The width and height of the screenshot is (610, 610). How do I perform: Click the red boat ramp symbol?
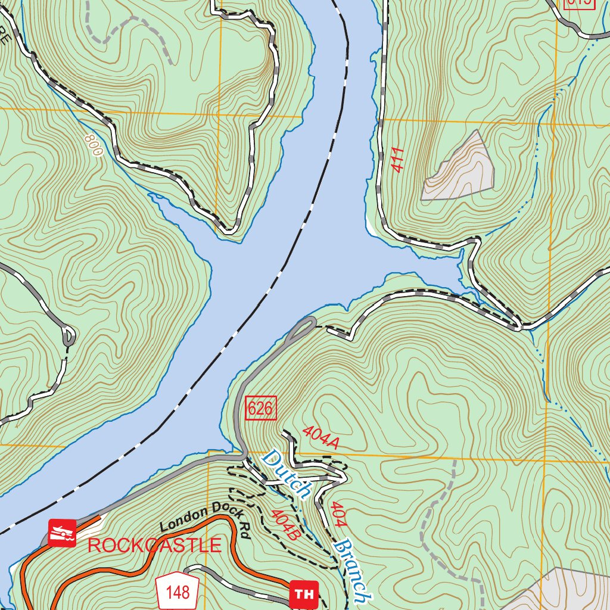click(x=62, y=533)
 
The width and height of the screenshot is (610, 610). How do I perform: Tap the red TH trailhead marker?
click(x=304, y=594)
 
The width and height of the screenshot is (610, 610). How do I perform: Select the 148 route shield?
click(x=178, y=592)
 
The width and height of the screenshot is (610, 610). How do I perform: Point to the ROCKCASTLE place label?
click(x=155, y=544)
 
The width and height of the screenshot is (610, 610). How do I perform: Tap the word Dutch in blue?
click(x=286, y=474)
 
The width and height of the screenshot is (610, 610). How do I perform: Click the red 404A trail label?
click(x=320, y=438)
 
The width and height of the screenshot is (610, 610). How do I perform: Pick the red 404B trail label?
click(x=284, y=524)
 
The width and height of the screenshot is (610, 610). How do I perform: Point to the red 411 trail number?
click(x=399, y=160)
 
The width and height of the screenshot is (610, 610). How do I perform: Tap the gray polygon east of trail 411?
click(x=462, y=170)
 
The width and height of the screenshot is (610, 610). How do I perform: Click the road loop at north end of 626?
click(x=304, y=327)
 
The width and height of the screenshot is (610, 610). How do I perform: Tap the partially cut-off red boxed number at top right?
click(x=579, y=3)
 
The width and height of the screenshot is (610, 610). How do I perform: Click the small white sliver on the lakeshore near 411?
click(x=372, y=226)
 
